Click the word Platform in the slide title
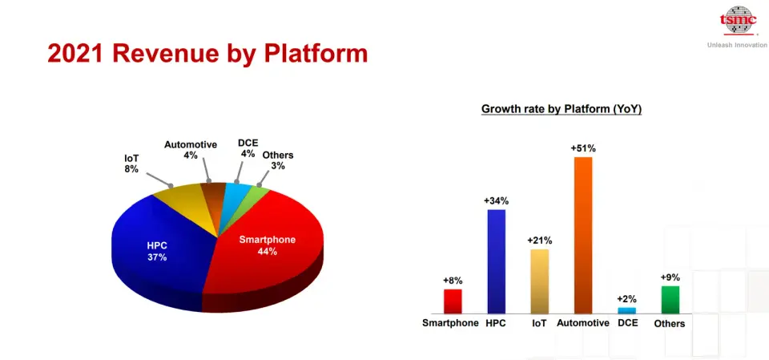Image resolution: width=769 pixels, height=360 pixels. (x=316, y=54)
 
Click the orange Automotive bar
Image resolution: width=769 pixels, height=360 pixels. (x=583, y=235)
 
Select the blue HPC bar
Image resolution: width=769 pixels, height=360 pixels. (x=497, y=261)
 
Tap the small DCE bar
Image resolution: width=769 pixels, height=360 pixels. (x=626, y=310)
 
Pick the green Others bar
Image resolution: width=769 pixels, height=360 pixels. (x=670, y=300)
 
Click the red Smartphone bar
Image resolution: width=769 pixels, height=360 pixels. (x=453, y=301)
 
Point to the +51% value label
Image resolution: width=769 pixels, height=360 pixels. (x=583, y=148)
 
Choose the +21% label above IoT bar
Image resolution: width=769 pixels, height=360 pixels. (x=539, y=241)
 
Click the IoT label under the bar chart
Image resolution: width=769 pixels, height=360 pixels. (x=539, y=323)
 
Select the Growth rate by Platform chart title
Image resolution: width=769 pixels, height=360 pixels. (x=562, y=109)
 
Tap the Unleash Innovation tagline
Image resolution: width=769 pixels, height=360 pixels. (x=738, y=45)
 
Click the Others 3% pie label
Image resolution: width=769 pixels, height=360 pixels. (x=278, y=160)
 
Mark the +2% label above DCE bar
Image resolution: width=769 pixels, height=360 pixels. (x=626, y=298)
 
